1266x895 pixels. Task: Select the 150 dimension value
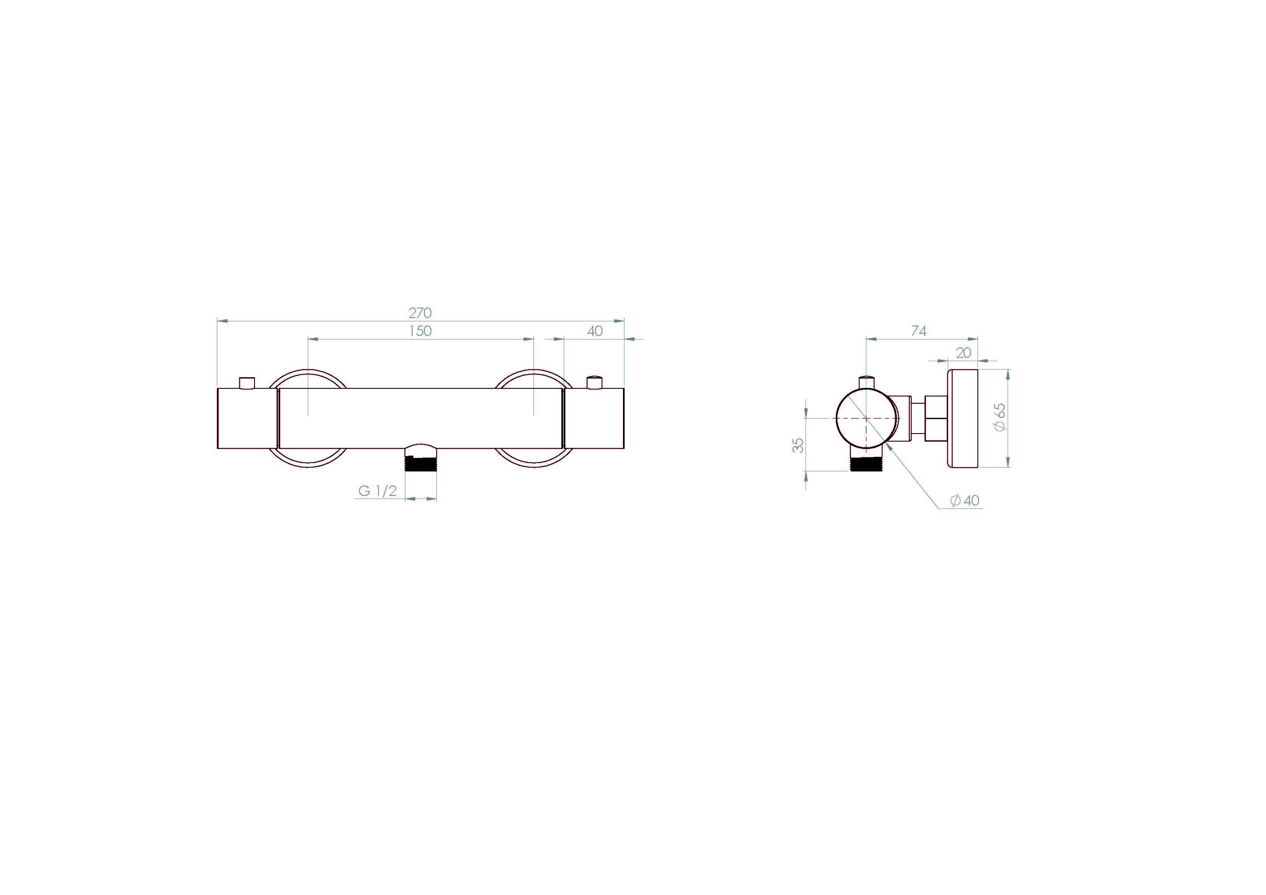tap(420, 331)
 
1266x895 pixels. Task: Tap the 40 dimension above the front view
tap(595, 331)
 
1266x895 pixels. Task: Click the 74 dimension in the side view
tap(919, 331)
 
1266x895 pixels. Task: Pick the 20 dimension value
tap(963, 353)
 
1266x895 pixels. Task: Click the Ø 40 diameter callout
tap(964, 500)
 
